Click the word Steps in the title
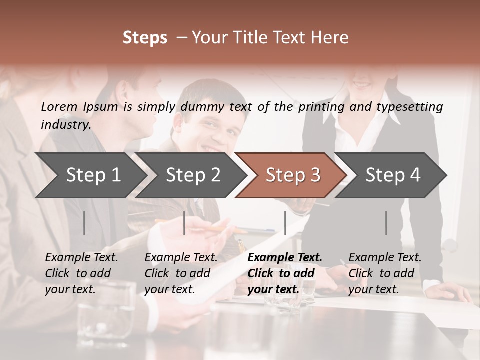145,38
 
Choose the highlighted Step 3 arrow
293,175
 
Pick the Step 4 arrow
393,175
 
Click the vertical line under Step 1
84,223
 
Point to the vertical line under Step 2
184,223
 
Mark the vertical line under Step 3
285,223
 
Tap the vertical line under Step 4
386,223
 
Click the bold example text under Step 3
285,273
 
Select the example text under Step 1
81,273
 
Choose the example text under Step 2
181,273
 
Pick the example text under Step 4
385,273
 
